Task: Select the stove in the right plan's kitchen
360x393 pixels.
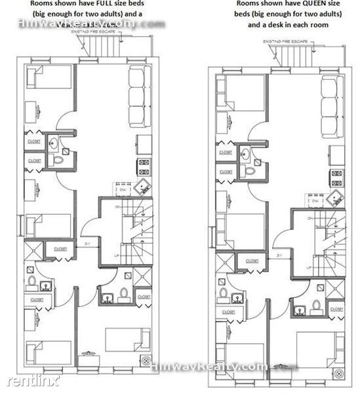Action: [336, 176]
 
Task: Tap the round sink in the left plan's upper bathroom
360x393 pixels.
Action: [54, 144]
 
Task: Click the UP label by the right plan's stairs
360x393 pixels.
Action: [308, 267]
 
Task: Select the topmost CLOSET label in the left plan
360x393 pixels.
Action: [33, 141]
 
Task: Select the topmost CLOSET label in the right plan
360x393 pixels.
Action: [225, 151]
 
